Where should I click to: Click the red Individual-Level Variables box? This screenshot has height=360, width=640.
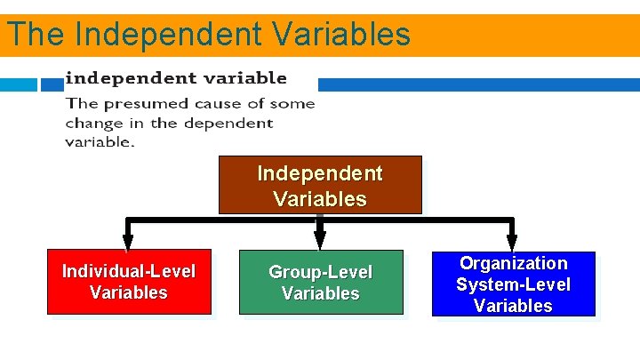click(x=129, y=282)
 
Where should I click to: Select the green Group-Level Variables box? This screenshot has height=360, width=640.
click(x=321, y=282)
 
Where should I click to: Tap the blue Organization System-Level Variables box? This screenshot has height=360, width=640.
click(x=513, y=284)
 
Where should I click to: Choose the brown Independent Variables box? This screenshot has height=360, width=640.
click(x=320, y=186)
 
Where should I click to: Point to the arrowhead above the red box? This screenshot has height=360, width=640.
click(x=128, y=240)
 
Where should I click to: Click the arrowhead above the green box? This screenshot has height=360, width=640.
click(x=320, y=240)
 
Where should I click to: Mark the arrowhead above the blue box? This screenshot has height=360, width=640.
click(x=512, y=240)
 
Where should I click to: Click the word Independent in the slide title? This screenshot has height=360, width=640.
click(x=169, y=35)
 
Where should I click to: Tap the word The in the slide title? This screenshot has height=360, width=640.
click(x=36, y=35)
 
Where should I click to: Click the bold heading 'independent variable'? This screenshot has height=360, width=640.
click(x=176, y=78)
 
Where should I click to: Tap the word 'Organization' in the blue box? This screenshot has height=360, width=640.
click(x=513, y=263)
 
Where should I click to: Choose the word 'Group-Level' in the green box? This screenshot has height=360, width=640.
click(x=321, y=272)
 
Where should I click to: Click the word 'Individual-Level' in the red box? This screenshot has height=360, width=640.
click(x=129, y=270)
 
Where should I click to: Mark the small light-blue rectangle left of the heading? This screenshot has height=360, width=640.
click(x=19, y=84)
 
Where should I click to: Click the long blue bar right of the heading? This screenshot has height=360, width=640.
click(x=478, y=84)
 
